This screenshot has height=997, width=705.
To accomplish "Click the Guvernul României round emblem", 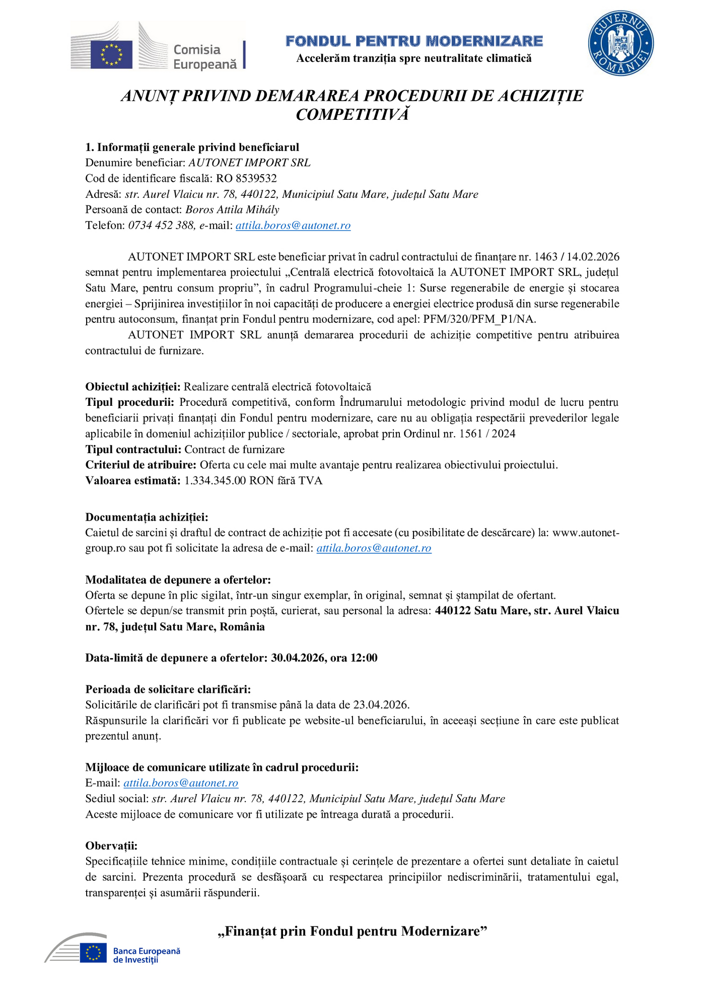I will click(621, 43).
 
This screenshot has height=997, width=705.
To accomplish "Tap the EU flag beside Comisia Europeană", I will click(111, 54).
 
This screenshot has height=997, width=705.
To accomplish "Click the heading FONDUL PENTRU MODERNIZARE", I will click(414, 41).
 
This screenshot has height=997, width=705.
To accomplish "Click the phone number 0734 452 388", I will click(161, 225).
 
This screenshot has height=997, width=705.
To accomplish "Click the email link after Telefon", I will click(293, 225).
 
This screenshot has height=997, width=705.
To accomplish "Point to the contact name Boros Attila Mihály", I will click(232, 209).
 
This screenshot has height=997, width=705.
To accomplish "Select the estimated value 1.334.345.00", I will click(215, 480).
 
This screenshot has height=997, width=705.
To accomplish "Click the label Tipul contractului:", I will click(133, 449).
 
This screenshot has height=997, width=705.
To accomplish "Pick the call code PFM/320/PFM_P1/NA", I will click(479, 319).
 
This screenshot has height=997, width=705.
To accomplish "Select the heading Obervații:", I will click(111, 845).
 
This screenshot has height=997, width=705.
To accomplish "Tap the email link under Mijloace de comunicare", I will click(181, 783).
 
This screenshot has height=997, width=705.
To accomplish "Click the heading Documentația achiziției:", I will click(147, 517).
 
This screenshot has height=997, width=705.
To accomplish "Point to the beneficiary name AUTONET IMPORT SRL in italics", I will click(249, 163).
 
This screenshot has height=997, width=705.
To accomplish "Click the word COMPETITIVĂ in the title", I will click(352, 115).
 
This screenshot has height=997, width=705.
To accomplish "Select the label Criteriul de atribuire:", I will click(140, 465).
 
